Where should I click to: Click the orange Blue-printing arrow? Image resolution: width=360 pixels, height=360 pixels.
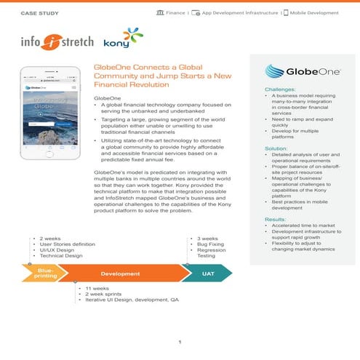(x=46, y=274)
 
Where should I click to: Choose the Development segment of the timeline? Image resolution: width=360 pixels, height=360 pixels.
(x=121, y=274)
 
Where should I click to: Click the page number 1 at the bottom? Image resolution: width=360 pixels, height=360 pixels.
(x=180, y=342)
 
